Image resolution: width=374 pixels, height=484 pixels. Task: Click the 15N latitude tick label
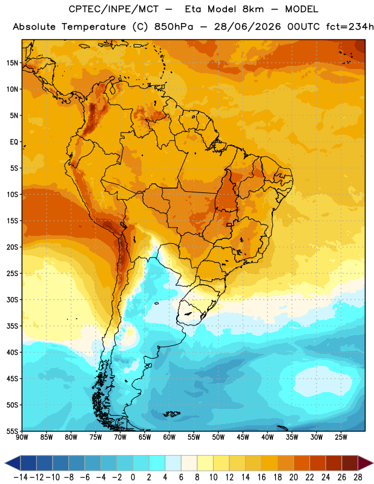pyautogui.click(x=12, y=63)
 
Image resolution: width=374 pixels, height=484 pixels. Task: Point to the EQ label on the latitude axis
pyautogui.click(x=14, y=142)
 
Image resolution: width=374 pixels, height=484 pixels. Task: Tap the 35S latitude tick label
pyautogui.click(x=12, y=326)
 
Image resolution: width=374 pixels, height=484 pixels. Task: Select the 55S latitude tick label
pyautogui.click(x=12, y=431)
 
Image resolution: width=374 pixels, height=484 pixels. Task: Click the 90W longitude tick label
pyautogui.click(x=22, y=437)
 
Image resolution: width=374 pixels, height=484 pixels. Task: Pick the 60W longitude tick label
pyautogui.click(x=169, y=437)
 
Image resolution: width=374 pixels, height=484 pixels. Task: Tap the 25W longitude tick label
pyautogui.click(x=341, y=437)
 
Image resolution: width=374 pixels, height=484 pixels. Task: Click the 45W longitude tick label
pyautogui.click(x=243, y=437)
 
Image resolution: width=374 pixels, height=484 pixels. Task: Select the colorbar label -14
pyautogui.click(x=21, y=477)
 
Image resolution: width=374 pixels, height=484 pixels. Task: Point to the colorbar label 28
pyautogui.click(x=358, y=477)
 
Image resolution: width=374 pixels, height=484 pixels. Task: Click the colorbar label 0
pyautogui.click(x=133, y=477)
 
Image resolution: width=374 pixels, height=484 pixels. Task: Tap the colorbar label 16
pyautogui.click(x=261, y=477)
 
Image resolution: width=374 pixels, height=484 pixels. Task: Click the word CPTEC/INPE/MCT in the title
pyautogui.click(x=113, y=9)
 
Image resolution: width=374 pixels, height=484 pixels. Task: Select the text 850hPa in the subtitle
pyautogui.click(x=174, y=27)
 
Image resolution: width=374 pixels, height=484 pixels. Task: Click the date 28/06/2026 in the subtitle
pyautogui.click(x=248, y=27)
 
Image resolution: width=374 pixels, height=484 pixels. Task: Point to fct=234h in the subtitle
pyautogui.click(x=350, y=27)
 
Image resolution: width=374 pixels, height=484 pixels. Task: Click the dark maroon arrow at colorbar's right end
pyautogui.click(x=366, y=463)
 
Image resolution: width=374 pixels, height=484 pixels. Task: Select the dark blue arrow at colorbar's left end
pyautogui.click(x=13, y=463)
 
